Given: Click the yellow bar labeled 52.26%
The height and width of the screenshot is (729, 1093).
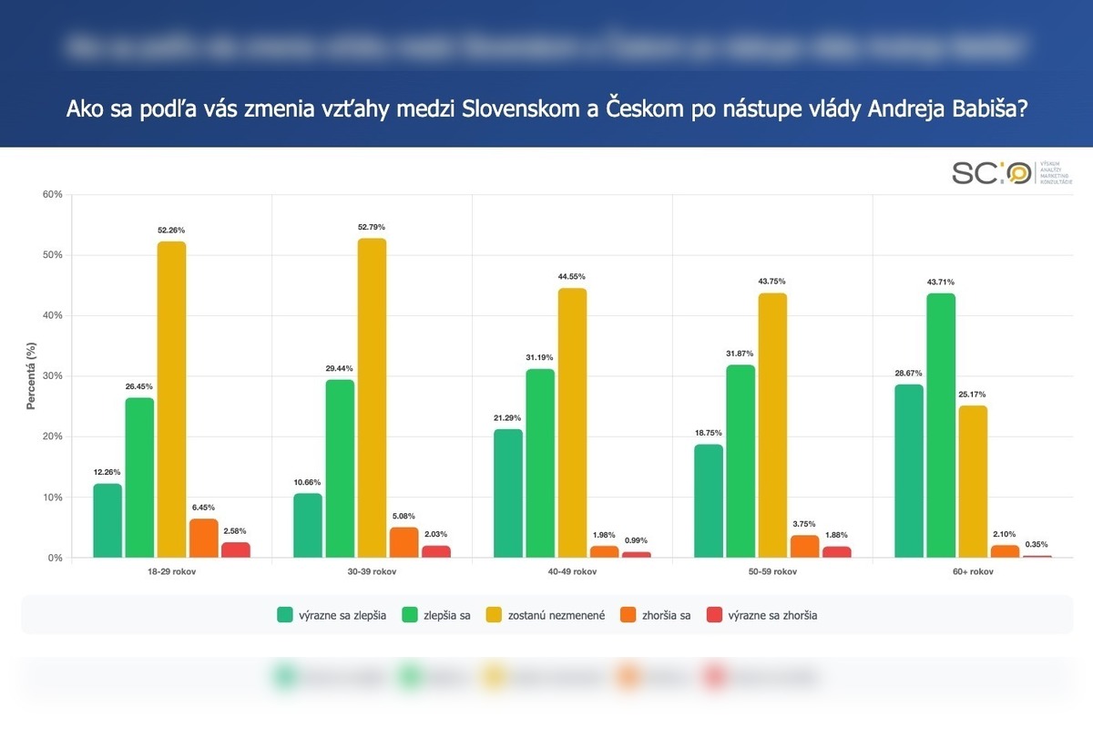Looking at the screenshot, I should point(171,399).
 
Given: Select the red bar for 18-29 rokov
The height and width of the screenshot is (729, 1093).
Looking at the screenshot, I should point(236,549).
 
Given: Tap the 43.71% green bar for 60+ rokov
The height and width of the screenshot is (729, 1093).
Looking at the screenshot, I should point(941,425).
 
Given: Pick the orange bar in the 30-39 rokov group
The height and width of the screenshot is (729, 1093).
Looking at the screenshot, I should point(404,542).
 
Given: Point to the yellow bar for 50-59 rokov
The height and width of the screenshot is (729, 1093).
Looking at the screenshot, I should point(772,425).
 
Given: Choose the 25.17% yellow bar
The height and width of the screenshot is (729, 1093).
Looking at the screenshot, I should point(973,481).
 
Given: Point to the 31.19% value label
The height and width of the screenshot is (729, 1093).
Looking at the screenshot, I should point(539,357).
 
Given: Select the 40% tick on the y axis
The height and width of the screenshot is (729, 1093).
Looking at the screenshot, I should point(51,315).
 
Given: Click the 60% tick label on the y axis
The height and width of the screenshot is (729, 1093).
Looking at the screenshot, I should point(51,194).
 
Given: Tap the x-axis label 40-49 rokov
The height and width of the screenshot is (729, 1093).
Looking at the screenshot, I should point(572,572).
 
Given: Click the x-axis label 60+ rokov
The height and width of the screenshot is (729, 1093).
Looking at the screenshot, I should point(973,572).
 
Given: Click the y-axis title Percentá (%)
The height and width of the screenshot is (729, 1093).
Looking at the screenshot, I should point(31,375).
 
